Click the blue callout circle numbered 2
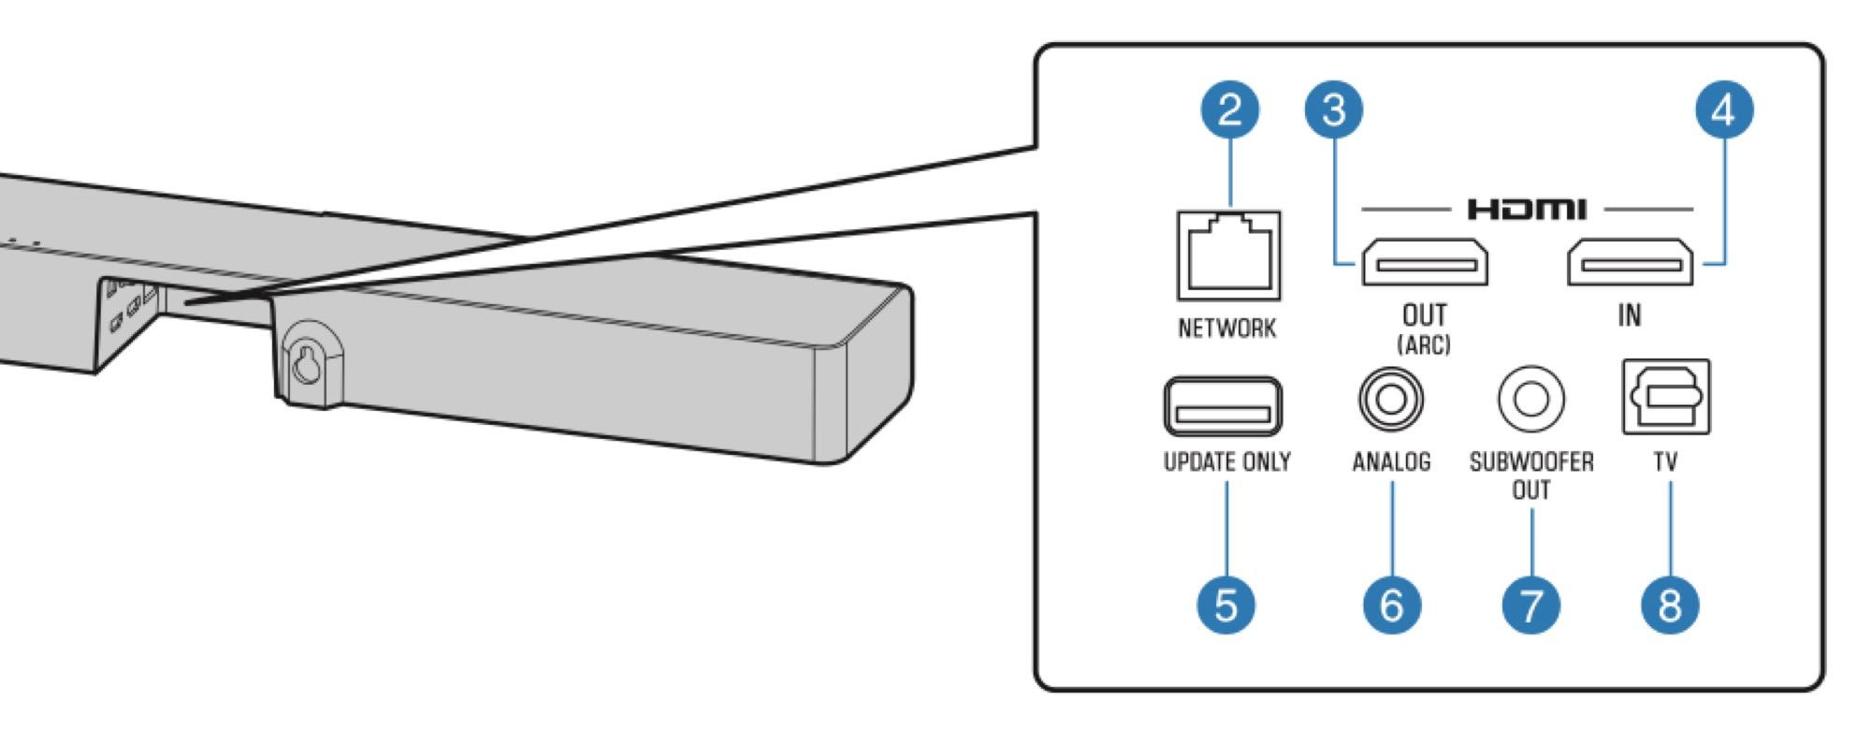[x=1230, y=110]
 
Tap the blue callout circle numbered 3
[x=1334, y=110]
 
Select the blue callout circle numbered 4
[x=1723, y=110]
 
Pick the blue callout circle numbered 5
[x=1226, y=605]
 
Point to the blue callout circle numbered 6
[x=1391, y=605]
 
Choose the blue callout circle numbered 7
[x=1531, y=605]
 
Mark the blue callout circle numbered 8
[x=1670, y=605]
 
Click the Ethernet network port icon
[x=1228, y=255]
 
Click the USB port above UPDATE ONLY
[x=1224, y=406]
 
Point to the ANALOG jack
[x=1391, y=400]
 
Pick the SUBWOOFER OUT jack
[x=1530, y=400]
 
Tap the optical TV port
[x=1666, y=397]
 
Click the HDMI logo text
[x=1527, y=209]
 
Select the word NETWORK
[x=1226, y=329]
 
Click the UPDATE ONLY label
[x=1226, y=461]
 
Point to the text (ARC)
[x=1424, y=344]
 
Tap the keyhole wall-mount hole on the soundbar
[x=307, y=366]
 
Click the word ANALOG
[x=1391, y=461]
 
